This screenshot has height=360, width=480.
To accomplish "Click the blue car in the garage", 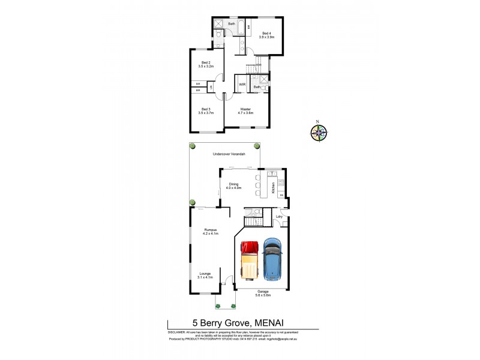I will click(273, 260).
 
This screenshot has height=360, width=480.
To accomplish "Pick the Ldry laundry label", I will click(279, 217).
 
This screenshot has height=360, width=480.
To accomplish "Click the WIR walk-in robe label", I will click(242, 85).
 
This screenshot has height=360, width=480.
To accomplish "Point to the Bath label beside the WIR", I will click(257, 87).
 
